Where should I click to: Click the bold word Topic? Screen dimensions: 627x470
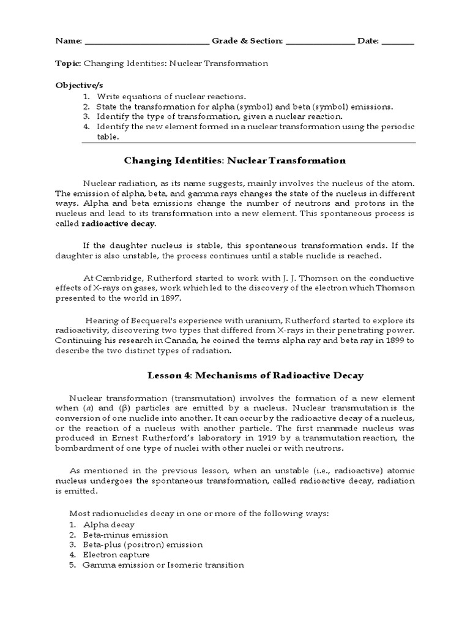coord(68,63)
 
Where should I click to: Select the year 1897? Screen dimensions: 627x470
coord(185,299)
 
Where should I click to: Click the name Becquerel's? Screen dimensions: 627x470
coord(145,320)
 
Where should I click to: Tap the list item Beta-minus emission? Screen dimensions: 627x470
coord(121,535)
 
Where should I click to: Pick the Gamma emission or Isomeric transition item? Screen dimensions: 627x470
coord(163,565)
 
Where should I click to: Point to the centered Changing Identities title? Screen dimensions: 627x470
coord(235,161)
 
